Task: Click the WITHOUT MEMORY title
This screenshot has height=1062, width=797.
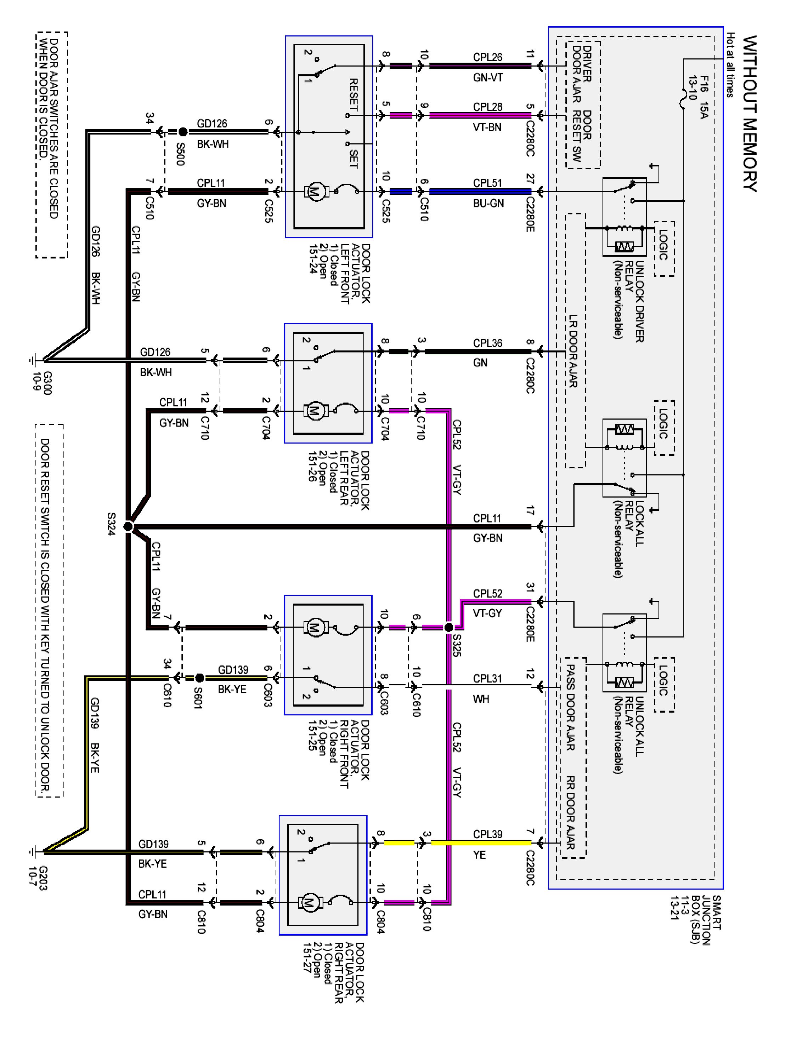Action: (750, 114)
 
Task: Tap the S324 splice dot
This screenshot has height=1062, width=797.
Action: (128, 527)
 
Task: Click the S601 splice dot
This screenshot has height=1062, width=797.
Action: (200, 678)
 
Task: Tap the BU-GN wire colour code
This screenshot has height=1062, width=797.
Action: (488, 204)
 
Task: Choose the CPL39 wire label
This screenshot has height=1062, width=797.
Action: (488, 834)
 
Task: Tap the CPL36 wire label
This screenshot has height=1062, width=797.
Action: (488, 343)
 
